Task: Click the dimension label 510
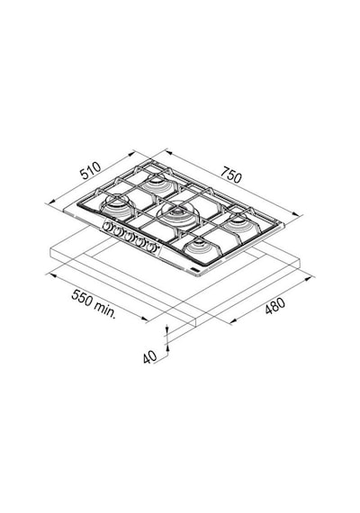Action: pyautogui.click(x=90, y=171)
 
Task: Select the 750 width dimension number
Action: pyautogui.click(x=231, y=175)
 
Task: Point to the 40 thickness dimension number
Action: pyautogui.click(x=150, y=357)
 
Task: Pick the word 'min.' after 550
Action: pyautogui.click(x=104, y=310)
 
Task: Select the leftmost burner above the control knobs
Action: pyautogui.click(x=117, y=207)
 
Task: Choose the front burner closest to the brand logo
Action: pyautogui.click(x=199, y=247)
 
